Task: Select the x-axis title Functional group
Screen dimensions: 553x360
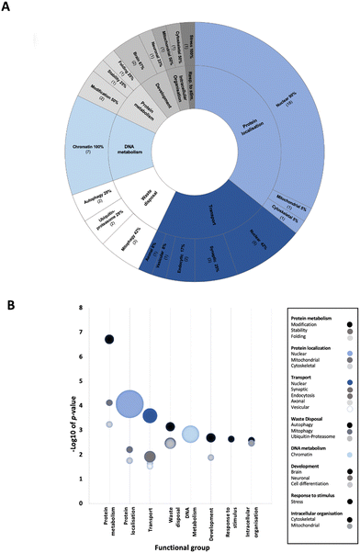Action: click(x=173, y=544)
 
